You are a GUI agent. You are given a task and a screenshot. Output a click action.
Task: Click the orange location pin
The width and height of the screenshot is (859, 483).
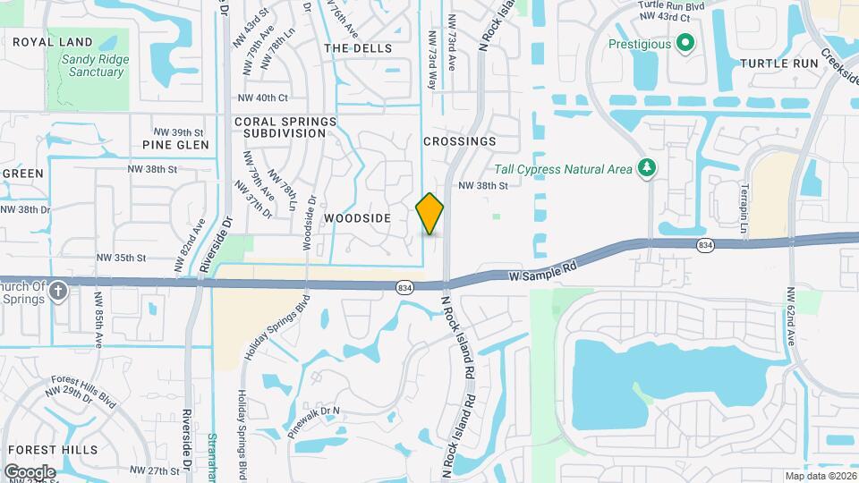pos(430,213)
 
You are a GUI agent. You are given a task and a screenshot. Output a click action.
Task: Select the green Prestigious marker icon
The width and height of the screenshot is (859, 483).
pos(685,42)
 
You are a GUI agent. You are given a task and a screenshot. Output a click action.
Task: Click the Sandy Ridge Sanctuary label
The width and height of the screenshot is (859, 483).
pos(94,66)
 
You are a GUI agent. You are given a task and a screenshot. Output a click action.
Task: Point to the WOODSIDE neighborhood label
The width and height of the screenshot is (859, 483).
pos(357,218)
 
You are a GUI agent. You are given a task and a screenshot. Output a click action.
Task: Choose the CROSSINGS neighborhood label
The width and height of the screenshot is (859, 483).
pos(459,141)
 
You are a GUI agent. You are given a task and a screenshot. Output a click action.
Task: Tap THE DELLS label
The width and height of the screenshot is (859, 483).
pos(357,47)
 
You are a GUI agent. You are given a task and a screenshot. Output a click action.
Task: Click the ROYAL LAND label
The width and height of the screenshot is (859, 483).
pos(53,42)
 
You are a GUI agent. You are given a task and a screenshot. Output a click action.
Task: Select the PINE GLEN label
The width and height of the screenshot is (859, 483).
pos(175,145)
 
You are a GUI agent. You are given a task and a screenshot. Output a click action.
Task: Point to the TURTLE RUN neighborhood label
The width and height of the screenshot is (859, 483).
pos(779,64)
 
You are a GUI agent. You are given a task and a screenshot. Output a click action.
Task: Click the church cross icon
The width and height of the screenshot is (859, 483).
pos(58,291)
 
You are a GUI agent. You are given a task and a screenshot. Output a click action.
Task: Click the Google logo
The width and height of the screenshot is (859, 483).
pos(30,471)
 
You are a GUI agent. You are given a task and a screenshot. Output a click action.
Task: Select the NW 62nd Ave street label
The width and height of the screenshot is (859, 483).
pos(791,318)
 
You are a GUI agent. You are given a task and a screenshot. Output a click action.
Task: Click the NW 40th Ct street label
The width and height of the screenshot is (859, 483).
pos(263,97)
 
